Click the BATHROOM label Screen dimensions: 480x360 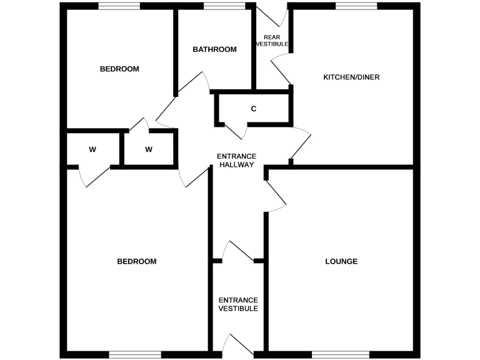point(214,49)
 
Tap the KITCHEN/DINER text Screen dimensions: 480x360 point(351,77)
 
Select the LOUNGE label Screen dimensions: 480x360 point(341,261)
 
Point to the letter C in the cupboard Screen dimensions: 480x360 point(254,109)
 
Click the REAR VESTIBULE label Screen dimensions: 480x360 point(272,41)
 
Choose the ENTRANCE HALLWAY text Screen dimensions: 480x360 point(236,161)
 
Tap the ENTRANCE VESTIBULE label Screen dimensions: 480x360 point(237,304)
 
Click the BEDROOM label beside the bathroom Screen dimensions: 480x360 point(119,69)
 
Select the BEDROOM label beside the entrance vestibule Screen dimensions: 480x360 point(137,261)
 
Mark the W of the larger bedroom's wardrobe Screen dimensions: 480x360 point(92,149)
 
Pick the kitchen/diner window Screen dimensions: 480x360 point(356,6)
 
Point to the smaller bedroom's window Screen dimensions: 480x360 point(119,6)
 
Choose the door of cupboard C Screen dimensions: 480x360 point(236,131)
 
